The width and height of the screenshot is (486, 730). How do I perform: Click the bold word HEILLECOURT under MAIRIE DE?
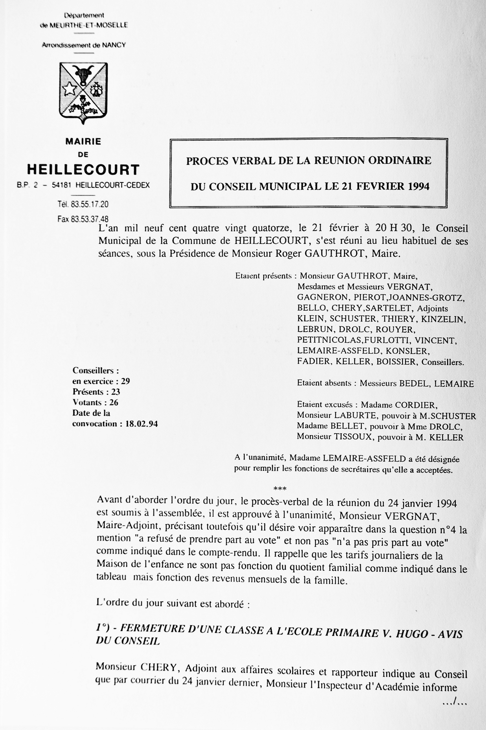coord(83,170)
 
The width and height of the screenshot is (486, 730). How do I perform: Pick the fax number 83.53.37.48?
coord(90,219)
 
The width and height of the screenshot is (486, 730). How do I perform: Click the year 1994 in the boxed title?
coord(418,186)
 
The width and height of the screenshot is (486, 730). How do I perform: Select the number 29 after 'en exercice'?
coord(125,381)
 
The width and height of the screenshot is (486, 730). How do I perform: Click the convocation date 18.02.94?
coord(141,424)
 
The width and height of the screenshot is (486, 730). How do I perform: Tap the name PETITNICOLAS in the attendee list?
coord(329,341)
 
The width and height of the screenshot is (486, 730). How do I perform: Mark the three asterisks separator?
coord(280,489)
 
